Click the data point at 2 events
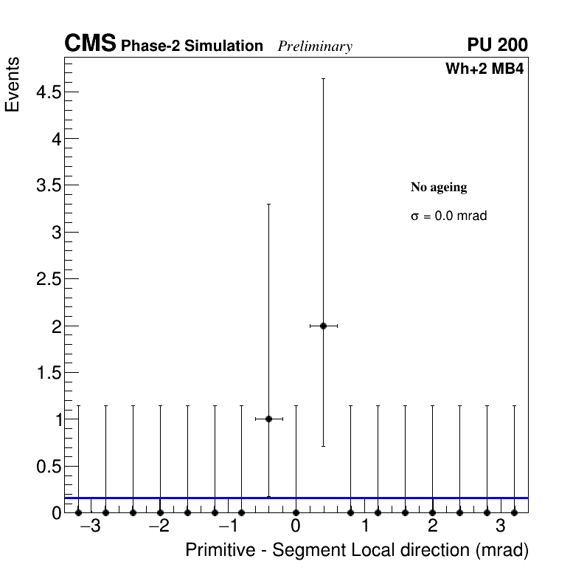(323, 326)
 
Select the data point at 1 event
(268, 419)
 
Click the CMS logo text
(90, 44)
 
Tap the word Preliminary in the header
(315, 47)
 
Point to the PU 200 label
(497, 45)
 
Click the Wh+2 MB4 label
(484, 69)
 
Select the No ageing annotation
(439, 188)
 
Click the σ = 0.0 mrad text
(448, 216)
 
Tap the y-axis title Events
(13, 84)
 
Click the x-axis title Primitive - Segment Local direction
(357, 551)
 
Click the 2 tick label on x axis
(432, 526)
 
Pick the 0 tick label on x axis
(296, 526)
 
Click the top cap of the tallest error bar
(323, 78)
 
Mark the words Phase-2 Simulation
(192, 47)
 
